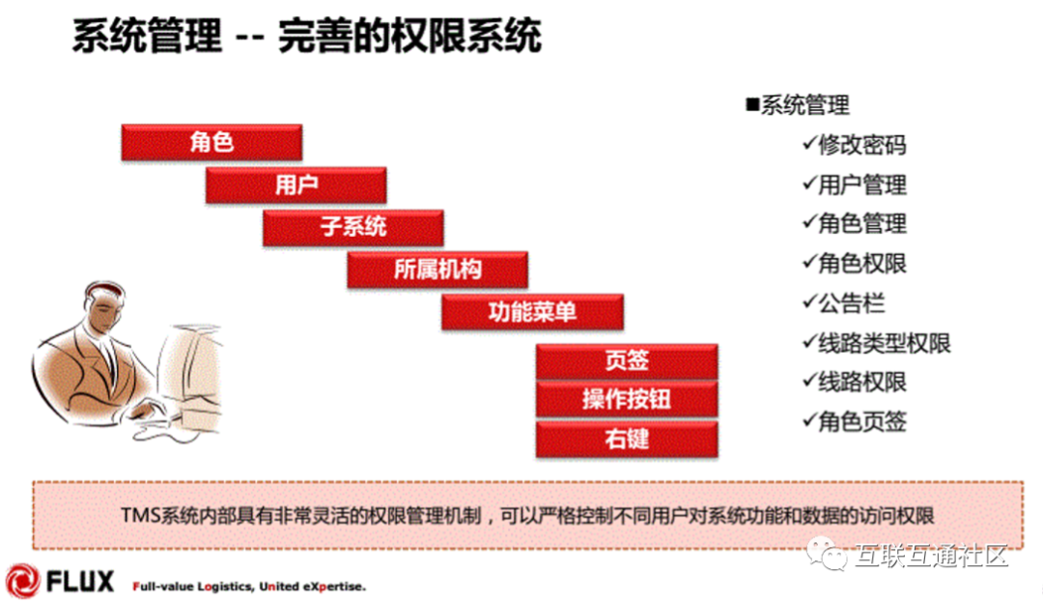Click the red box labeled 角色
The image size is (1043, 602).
(211, 142)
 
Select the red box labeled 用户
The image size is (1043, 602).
(296, 185)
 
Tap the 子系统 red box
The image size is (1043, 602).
(353, 227)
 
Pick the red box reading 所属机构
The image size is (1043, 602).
(437, 270)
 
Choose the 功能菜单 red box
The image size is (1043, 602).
(532, 312)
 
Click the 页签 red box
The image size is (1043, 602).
(627, 361)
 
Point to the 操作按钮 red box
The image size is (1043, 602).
(627, 399)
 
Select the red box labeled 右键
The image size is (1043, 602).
(627, 439)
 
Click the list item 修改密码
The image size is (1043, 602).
(862, 144)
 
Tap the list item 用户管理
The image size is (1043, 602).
(862, 185)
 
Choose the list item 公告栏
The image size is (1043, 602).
(852, 303)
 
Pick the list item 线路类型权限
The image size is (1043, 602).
(884, 343)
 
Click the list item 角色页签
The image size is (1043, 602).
(862, 421)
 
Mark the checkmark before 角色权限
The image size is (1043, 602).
(809, 262)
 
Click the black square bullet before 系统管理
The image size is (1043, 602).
(752, 103)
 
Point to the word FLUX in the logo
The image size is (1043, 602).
(80, 582)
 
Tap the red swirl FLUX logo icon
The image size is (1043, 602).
(23, 581)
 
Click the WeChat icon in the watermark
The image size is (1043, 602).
(827, 554)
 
